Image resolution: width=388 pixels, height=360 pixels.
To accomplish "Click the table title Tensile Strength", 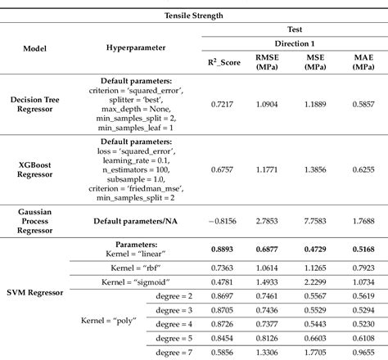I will click(194, 14).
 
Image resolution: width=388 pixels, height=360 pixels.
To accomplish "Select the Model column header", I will click(38, 47).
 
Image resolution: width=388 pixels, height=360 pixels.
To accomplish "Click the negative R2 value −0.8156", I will click(219, 221).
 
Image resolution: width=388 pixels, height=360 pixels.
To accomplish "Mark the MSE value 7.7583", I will click(315, 221).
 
